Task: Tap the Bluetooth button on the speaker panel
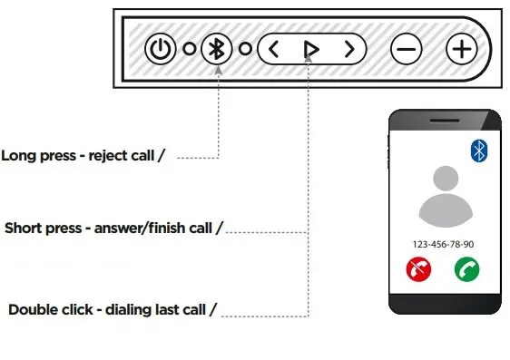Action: coord(216,49)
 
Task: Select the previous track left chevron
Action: coord(274,49)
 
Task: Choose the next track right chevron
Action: coord(349,49)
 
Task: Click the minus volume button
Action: coord(406,49)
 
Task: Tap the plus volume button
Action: coord(461,49)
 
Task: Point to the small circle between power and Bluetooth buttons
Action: coord(189,49)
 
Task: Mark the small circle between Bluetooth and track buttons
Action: coord(245,49)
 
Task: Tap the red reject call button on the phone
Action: coord(419,268)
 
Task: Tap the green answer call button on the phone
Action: coord(467,268)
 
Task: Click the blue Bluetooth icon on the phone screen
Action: coord(479,151)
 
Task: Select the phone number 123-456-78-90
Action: coord(444,245)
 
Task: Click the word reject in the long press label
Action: coord(105,155)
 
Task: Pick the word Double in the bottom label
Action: coord(33,310)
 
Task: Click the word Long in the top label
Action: coord(18,155)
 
